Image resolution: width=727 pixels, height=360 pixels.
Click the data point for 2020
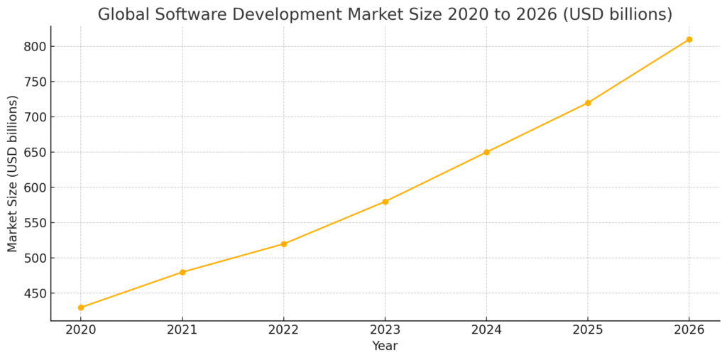(81, 307)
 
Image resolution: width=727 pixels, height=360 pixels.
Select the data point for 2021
(182, 272)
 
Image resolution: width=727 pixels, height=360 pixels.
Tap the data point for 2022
(284, 244)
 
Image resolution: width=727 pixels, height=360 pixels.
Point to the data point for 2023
(385, 202)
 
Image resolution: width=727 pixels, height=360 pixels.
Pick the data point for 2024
(486, 152)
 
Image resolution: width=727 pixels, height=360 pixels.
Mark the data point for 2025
(588, 103)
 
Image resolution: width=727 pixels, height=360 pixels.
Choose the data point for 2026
(689, 39)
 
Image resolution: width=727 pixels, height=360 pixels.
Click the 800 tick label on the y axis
(32, 47)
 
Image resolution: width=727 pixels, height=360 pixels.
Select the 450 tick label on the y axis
(32, 293)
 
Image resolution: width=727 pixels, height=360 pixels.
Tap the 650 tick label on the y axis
(32, 153)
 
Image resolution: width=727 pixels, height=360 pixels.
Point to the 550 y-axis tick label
(32, 223)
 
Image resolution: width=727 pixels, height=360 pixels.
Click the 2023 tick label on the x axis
(385, 330)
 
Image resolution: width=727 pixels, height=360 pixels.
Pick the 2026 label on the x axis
(689, 330)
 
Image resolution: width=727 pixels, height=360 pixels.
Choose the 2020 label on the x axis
(81, 330)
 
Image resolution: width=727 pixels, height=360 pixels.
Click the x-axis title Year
(385, 346)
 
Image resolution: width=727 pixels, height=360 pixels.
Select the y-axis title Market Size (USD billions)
(13, 174)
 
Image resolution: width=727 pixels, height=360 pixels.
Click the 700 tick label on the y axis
(32, 117)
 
